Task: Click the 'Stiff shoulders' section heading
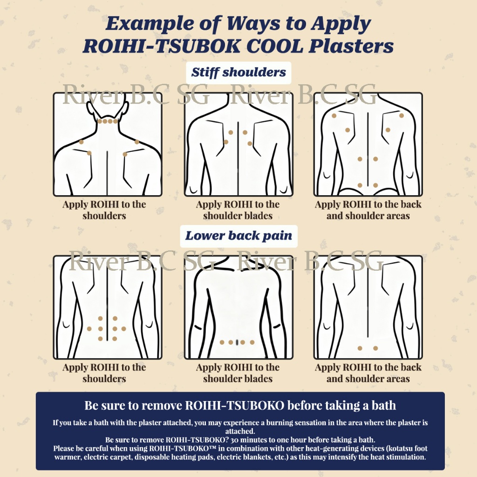click(238, 73)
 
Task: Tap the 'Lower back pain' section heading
click(238, 236)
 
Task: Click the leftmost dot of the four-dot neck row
click(100, 121)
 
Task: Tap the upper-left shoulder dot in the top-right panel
click(334, 116)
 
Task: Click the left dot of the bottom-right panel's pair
click(360, 348)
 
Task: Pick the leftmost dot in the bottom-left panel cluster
click(89, 329)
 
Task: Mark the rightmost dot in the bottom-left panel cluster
click(123, 329)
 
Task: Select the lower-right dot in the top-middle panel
click(250, 143)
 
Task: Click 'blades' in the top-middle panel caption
click(258, 216)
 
